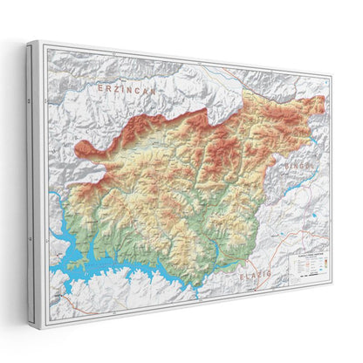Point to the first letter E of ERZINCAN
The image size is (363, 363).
(100, 86)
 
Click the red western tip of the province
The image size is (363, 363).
(80, 150)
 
